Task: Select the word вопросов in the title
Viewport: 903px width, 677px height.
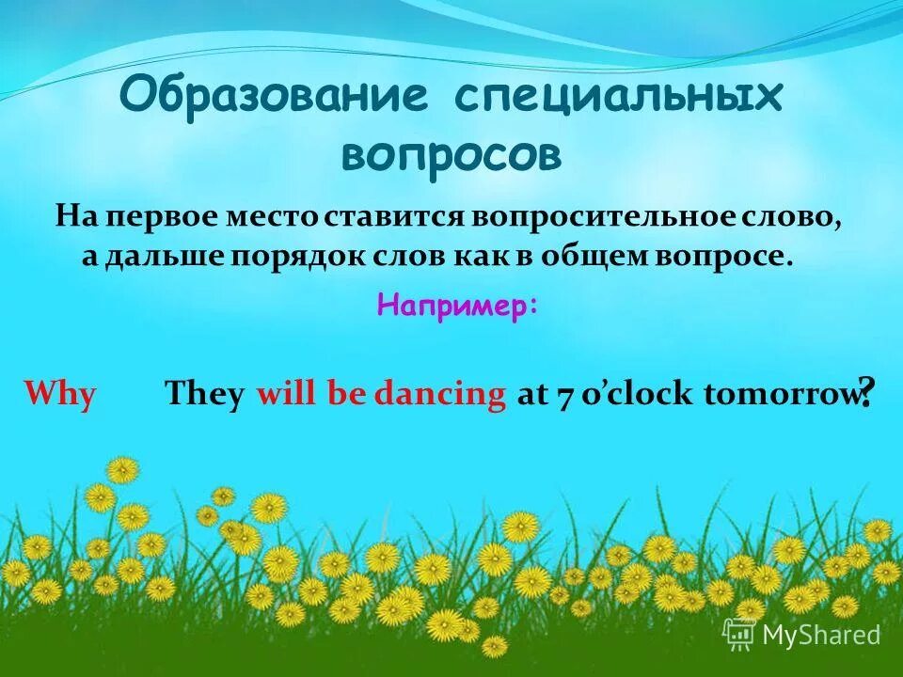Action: pos(451,154)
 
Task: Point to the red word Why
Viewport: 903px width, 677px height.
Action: pos(59,394)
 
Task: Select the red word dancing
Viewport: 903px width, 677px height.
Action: pos(439,394)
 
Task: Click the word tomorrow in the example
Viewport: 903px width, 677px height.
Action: pos(778,394)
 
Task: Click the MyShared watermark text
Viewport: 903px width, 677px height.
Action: pos(820,636)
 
